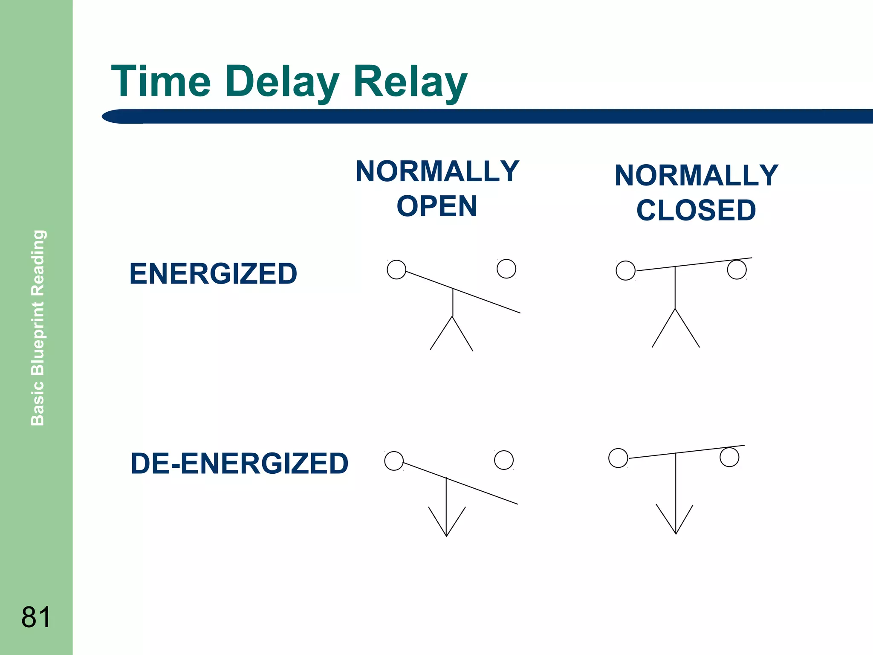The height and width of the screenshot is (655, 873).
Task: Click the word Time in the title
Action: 161,81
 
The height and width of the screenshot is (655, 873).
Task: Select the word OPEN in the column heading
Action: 437,206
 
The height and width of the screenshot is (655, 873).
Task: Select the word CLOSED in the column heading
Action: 696,210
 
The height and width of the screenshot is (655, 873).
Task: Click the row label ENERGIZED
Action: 213,274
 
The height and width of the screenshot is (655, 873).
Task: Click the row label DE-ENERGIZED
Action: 239,464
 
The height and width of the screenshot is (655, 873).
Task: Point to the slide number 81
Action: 36,617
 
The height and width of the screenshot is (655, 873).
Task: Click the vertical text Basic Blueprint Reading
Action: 38,327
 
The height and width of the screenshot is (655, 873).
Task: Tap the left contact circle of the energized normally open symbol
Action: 396,270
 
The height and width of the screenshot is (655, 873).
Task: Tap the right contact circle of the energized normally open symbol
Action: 506,269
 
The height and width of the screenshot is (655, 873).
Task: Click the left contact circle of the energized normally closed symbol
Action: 626,270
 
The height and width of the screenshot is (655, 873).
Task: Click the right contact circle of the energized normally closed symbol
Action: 737,270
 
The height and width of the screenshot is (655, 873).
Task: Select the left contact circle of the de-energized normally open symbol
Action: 394,461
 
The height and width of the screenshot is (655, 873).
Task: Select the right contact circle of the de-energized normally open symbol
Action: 504,460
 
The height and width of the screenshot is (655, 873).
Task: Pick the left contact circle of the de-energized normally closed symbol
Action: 618,458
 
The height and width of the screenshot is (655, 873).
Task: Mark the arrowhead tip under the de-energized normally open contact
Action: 446,535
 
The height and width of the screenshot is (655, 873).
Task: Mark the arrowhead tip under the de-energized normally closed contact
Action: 676,533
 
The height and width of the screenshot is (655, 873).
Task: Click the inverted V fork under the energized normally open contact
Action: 452,333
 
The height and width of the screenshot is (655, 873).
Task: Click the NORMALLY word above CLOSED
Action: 696,175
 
